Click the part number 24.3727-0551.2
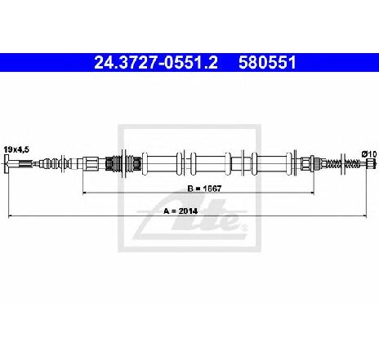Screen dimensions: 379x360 pos(156,63)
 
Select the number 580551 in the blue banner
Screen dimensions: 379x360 pos(267,63)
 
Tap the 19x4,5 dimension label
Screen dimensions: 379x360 pos(16,149)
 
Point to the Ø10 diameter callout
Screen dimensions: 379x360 pos(369,154)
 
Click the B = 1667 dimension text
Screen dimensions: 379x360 pos(204,189)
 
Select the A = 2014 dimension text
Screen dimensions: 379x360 pos(181,211)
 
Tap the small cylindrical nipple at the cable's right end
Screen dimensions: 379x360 pos(372,163)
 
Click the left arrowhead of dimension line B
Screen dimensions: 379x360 pos(84,193)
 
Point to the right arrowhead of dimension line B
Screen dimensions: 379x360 pos(312,193)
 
